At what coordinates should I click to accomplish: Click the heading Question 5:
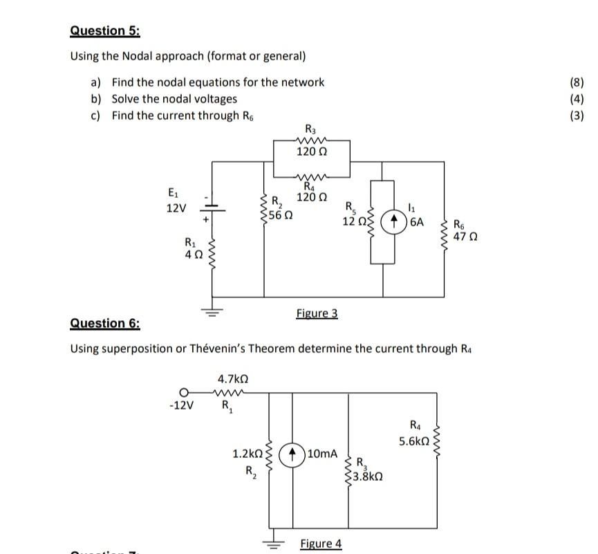click(104, 30)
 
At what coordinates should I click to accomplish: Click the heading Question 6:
click(105, 323)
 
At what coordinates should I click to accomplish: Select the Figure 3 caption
click(317, 313)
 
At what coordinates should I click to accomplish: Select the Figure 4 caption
click(321, 543)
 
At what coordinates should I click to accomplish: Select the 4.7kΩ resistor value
click(232, 379)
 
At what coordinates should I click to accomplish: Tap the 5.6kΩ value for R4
click(414, 439)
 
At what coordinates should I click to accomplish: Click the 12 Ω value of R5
click(353, 221)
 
